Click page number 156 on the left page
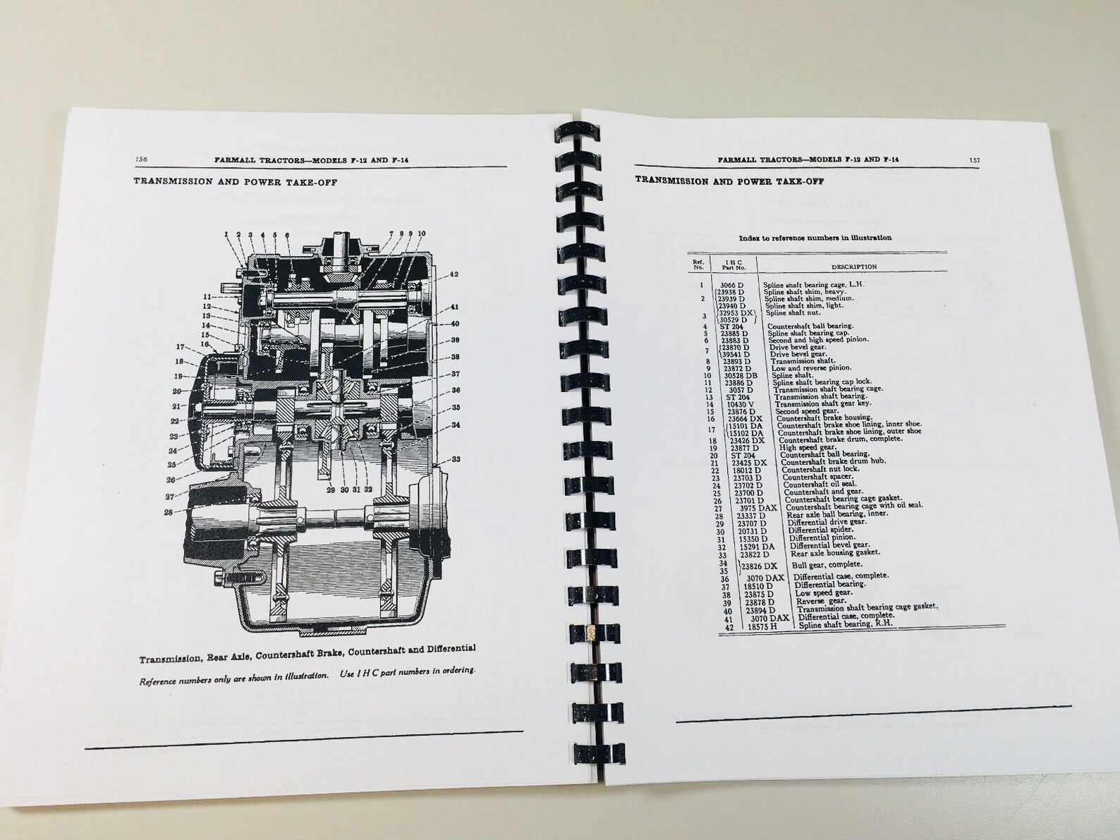pyautogui.click(x=140, y=159)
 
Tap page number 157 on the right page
pyautogui.click(x=974, y=160)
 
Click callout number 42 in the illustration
pyautogui.click(x=454, y=274)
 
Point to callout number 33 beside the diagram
pyautogui.click(x=456, y=459)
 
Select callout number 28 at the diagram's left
pyautogui.click(x=169, y=512)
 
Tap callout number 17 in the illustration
pyautogui.click(x=181, y=347)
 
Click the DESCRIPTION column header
pyautogui.click(x=853, y=267)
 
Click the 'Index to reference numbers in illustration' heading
pyautogui.click(x=815, y=238)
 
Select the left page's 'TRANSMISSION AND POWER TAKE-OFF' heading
pyautogui.click(x=235, y=182)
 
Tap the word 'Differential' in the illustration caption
pyautogui.click(x=447, y=649)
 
